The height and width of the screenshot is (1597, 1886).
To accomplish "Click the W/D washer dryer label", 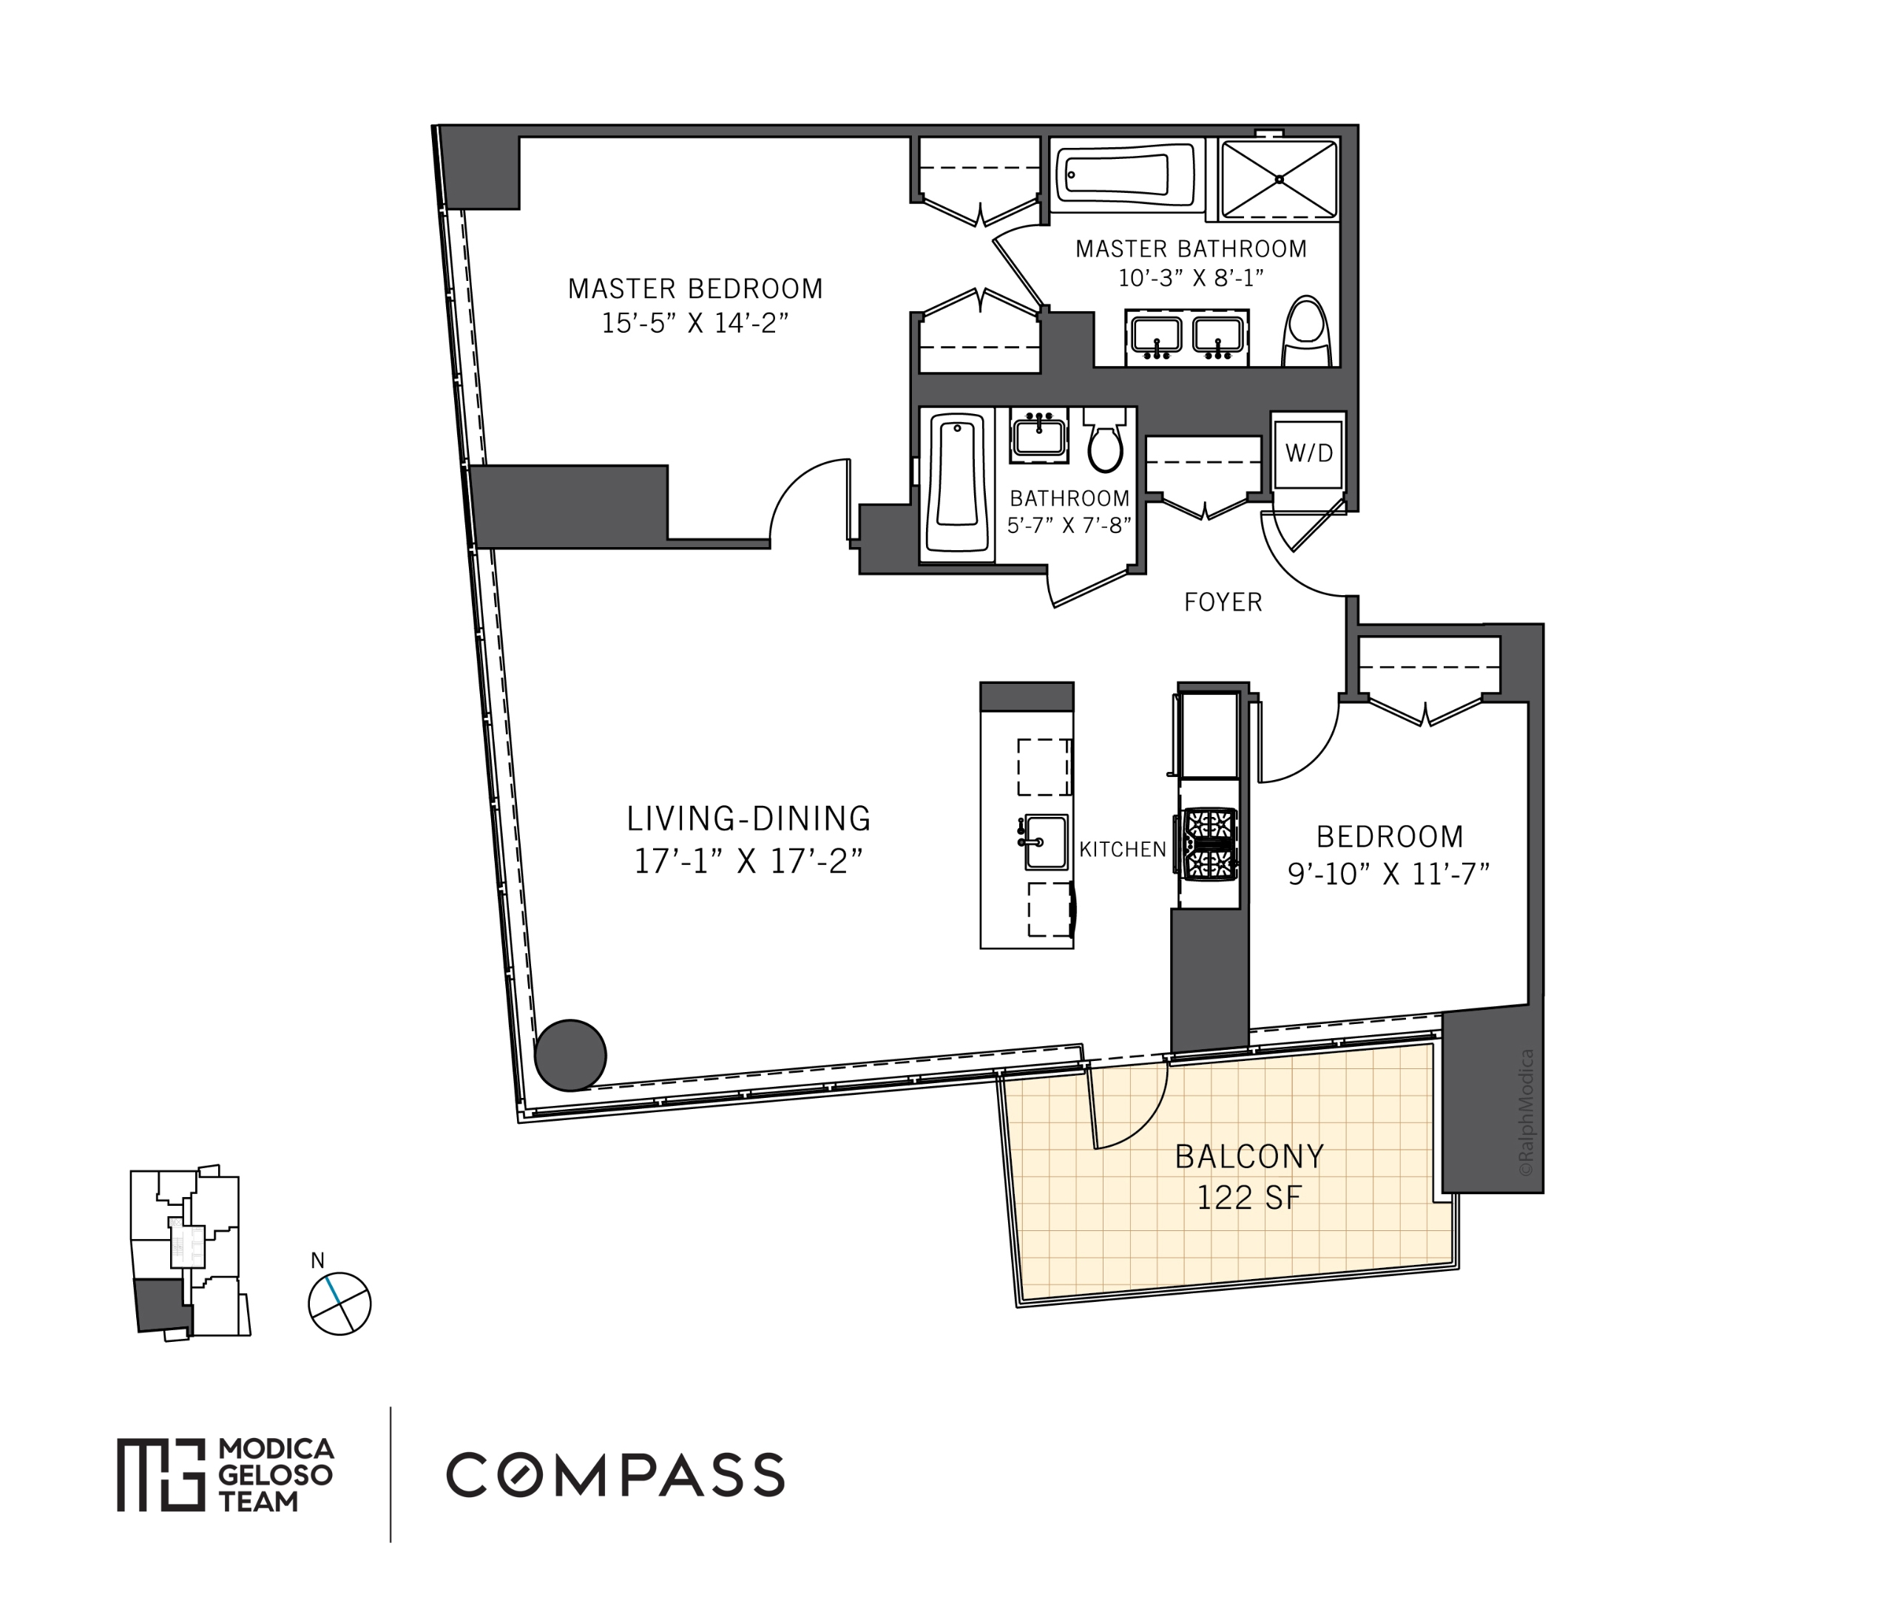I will point(1308,453).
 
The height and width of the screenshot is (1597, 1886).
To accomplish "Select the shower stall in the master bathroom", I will point(1279,179).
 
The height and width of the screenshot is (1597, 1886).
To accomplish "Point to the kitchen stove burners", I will point(1209,843).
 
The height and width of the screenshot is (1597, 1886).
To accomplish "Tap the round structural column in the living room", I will point(569,1055).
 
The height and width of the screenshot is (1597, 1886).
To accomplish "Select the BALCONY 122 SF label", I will point(1248,1176).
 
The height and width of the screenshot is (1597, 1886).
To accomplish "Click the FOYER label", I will point(1223,602).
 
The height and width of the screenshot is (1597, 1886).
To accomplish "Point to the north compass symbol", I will point(339,1303).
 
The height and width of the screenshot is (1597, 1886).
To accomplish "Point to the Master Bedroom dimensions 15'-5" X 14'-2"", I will point(694,323).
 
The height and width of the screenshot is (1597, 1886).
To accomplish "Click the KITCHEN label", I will point(1122,850).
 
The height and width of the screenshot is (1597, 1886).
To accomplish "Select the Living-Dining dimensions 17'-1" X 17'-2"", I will point(748,860).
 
